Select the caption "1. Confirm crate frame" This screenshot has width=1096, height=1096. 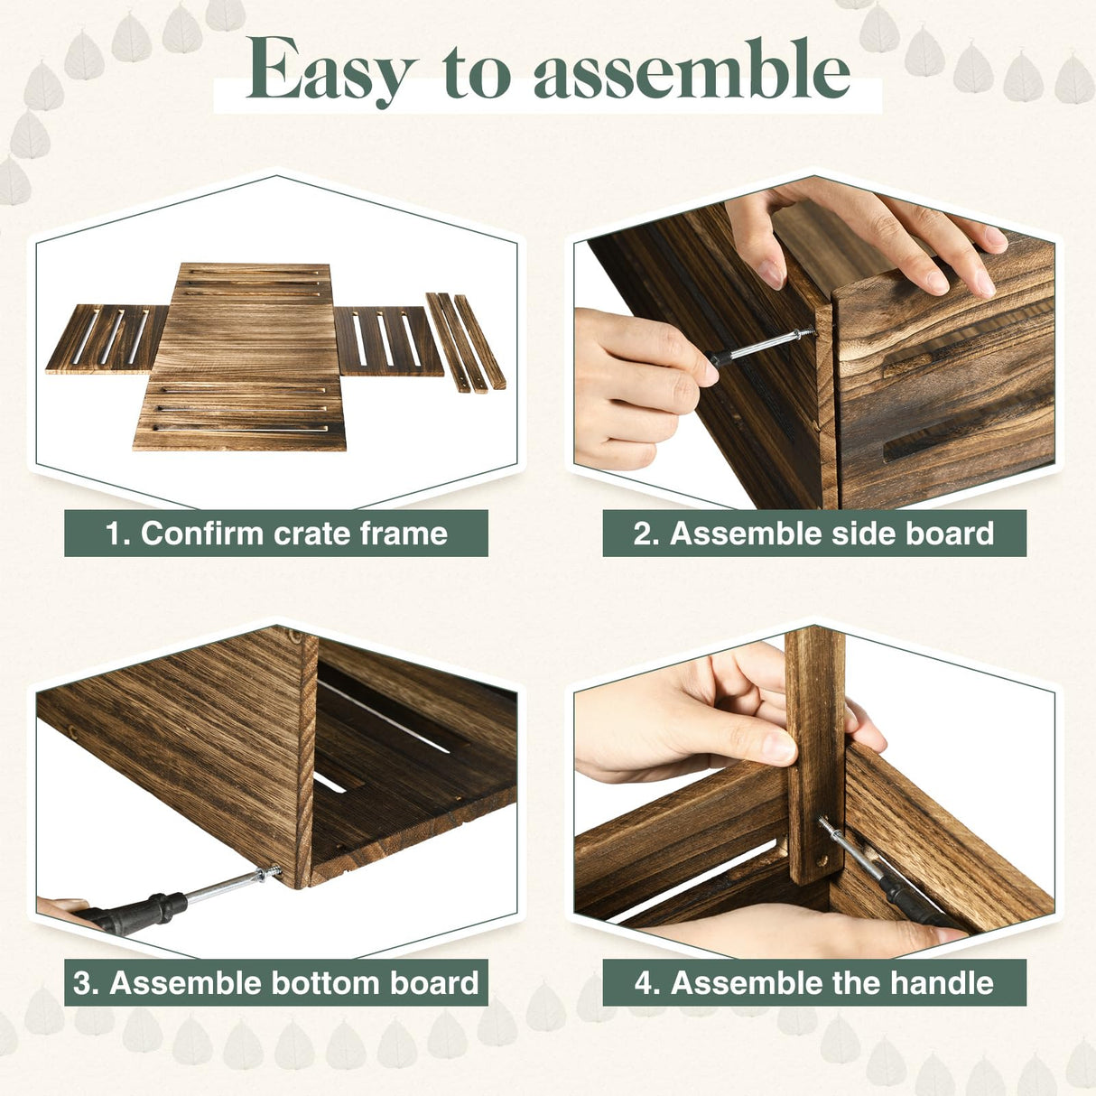(x=276, y=534)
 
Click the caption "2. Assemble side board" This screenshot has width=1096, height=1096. (x=813, y=534)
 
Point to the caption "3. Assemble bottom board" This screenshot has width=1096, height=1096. (x=276, y=982)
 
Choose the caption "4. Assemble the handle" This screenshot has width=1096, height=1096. (x=813, y=982)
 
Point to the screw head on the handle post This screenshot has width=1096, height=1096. (x=824, y=822)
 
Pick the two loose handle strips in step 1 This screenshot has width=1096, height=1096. (x=465, y=341)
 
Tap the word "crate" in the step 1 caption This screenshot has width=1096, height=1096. (x=312, y=534)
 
